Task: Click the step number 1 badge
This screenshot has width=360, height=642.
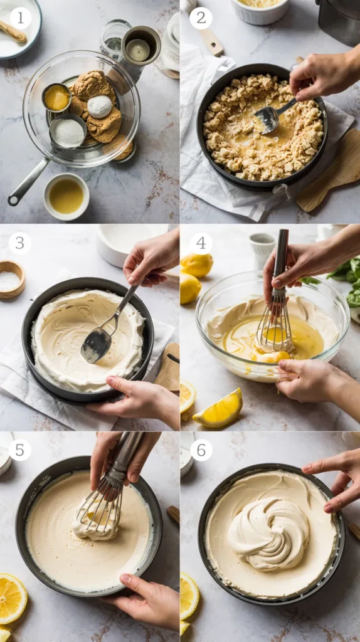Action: pyautogui.click(x=21, y=18)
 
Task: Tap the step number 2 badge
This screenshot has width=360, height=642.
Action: pyautogui.click(x=201, y=18)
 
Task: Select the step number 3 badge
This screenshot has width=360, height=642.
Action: pyautogui.click(x=19, y=243)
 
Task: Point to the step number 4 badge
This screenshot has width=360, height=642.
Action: pyautogui.click(x=201, y=243)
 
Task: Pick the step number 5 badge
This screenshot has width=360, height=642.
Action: pyautogui.click(x=19, y=450)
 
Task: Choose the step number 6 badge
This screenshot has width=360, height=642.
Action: pyautogui.click(x=201, y=450)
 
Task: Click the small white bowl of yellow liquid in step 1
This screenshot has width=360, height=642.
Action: pyautogui.click(x=66, y=196)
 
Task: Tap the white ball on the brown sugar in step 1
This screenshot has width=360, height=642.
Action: pyautogui.click(x=100, y=107)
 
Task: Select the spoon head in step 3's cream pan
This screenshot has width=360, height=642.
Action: pyautogui.click(x=97, y=345)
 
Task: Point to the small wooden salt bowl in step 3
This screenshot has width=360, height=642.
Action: pyautogui.click(x=11, y=280)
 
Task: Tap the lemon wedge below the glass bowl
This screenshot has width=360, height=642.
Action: pyautogui.click(x=218, y=409)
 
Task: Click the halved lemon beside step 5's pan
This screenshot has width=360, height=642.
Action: pyautogui.click(x=12, y=598)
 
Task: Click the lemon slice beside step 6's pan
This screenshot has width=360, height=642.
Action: pyautogui.click(x=189, y=596)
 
